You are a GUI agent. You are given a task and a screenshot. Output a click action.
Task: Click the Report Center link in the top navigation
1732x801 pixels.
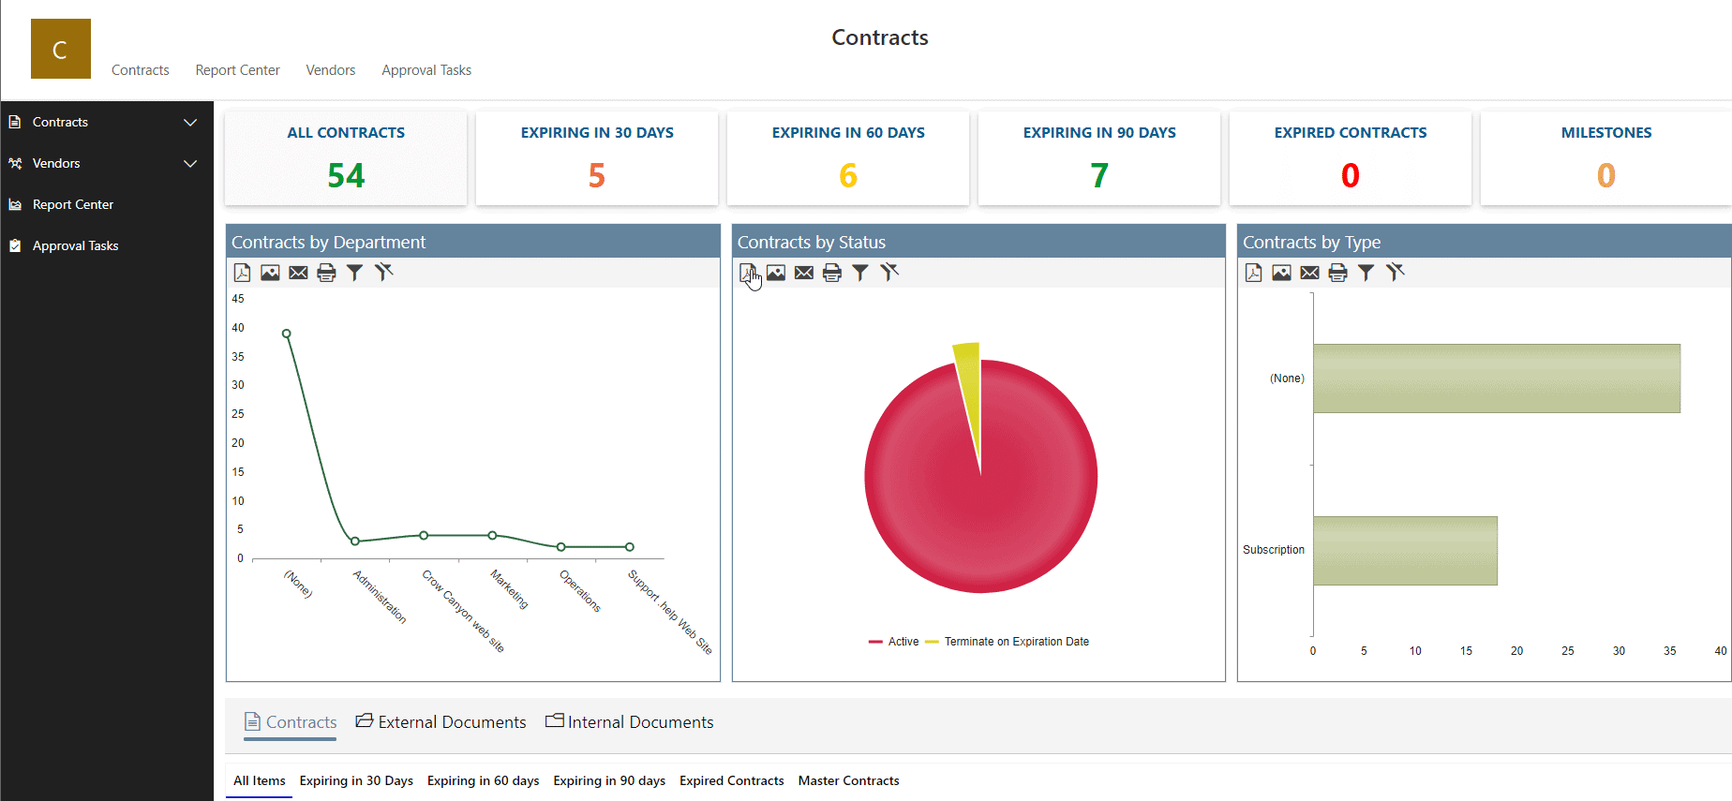[237, 70]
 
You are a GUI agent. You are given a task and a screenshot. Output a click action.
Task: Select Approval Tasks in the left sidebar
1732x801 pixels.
[75, 245]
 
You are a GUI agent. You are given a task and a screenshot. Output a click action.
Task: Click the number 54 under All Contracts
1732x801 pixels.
[346, 175]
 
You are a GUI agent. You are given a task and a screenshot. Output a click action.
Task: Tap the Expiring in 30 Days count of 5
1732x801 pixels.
[597, 175]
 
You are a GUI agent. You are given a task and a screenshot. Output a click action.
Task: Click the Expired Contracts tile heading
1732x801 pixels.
[1350, 133]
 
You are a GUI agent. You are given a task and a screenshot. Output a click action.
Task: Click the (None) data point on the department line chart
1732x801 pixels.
[287, 334]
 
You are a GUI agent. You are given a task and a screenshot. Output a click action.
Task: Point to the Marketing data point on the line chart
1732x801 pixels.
[492, 535]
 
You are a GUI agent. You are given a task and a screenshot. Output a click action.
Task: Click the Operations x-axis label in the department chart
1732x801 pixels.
[580, 591]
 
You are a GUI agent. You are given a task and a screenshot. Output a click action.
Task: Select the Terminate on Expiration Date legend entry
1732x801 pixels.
[1016, 642]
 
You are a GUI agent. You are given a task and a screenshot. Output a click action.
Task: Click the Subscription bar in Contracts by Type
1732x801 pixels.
[1404, 551]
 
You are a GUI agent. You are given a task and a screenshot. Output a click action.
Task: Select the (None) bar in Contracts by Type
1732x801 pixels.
[1496, 378]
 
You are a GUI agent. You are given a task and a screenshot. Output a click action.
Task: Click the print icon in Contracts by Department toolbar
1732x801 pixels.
[326, 273]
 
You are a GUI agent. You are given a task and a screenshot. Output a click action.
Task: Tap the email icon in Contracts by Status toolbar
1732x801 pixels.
[804, 273]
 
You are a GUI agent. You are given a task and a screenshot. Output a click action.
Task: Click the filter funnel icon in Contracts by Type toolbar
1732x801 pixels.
[1366, 273]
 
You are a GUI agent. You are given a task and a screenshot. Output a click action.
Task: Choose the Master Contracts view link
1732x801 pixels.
[848, 780]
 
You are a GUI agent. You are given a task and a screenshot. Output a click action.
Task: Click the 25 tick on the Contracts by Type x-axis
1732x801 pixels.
[1567, 651]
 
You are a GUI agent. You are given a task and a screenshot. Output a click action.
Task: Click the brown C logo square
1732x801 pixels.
[61, 49]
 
